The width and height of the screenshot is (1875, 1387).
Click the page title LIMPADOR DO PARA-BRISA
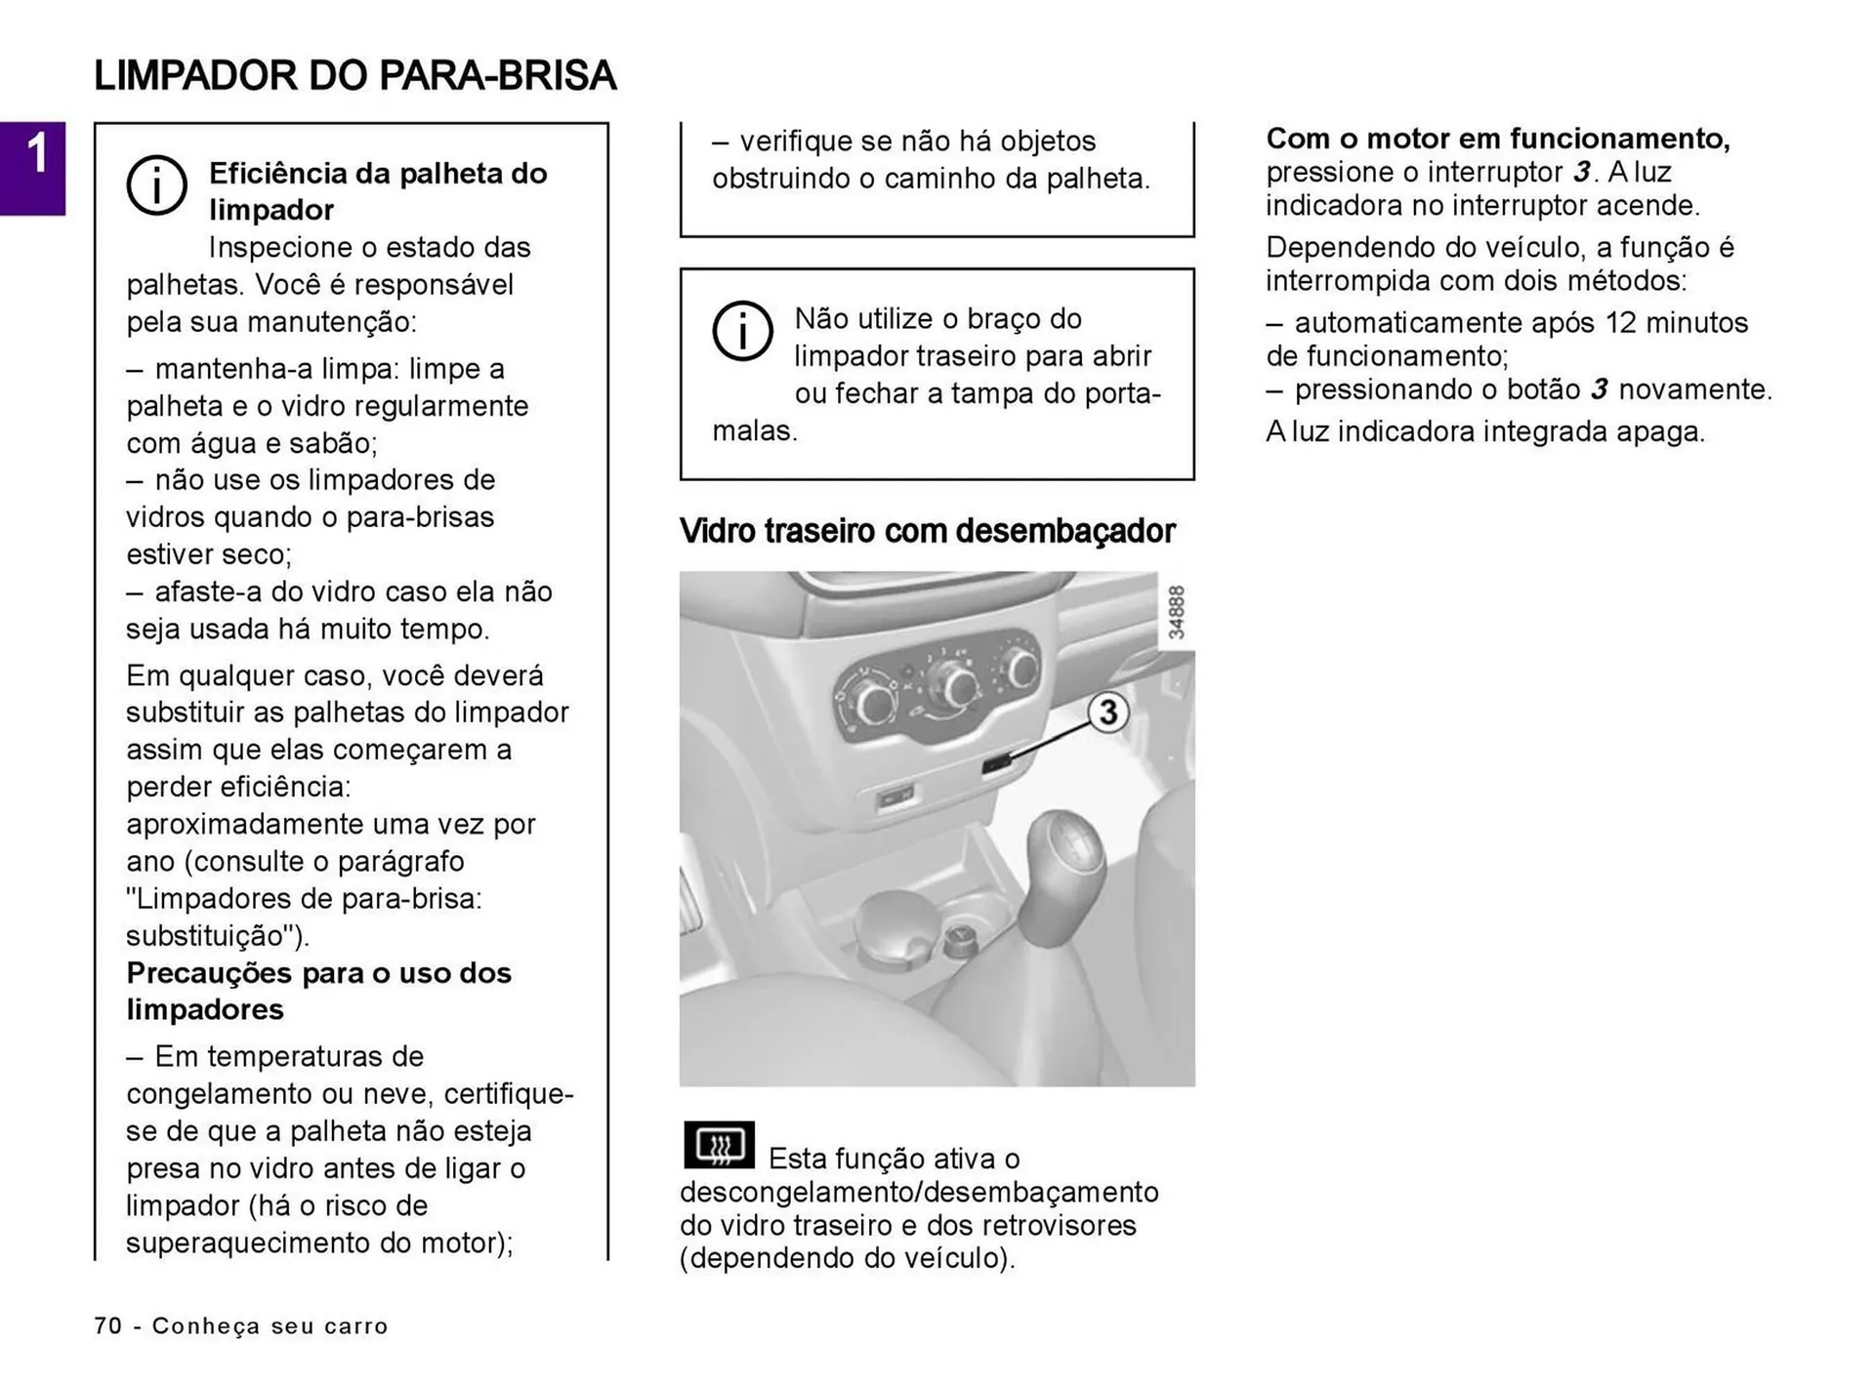pos(354,76)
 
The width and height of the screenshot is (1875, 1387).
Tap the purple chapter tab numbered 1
pos(33,167)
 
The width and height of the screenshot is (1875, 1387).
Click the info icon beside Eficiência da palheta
pos(156,184)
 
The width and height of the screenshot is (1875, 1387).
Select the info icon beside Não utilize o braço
pos(742,331)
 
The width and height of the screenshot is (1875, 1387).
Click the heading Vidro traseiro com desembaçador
pos(927,531)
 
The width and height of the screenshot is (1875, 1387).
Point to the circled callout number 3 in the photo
pos(1107,712)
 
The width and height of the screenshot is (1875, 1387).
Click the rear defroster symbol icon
pos(720,1145)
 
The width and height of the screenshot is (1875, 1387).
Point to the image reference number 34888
pos(1177,613)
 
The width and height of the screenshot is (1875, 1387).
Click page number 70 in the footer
pos(108,1326)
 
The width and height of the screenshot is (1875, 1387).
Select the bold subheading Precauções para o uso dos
pos(318,973)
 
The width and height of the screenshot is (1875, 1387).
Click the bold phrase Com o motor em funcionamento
pos(1497,139)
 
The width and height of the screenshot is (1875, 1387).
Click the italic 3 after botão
pos(1599,389)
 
